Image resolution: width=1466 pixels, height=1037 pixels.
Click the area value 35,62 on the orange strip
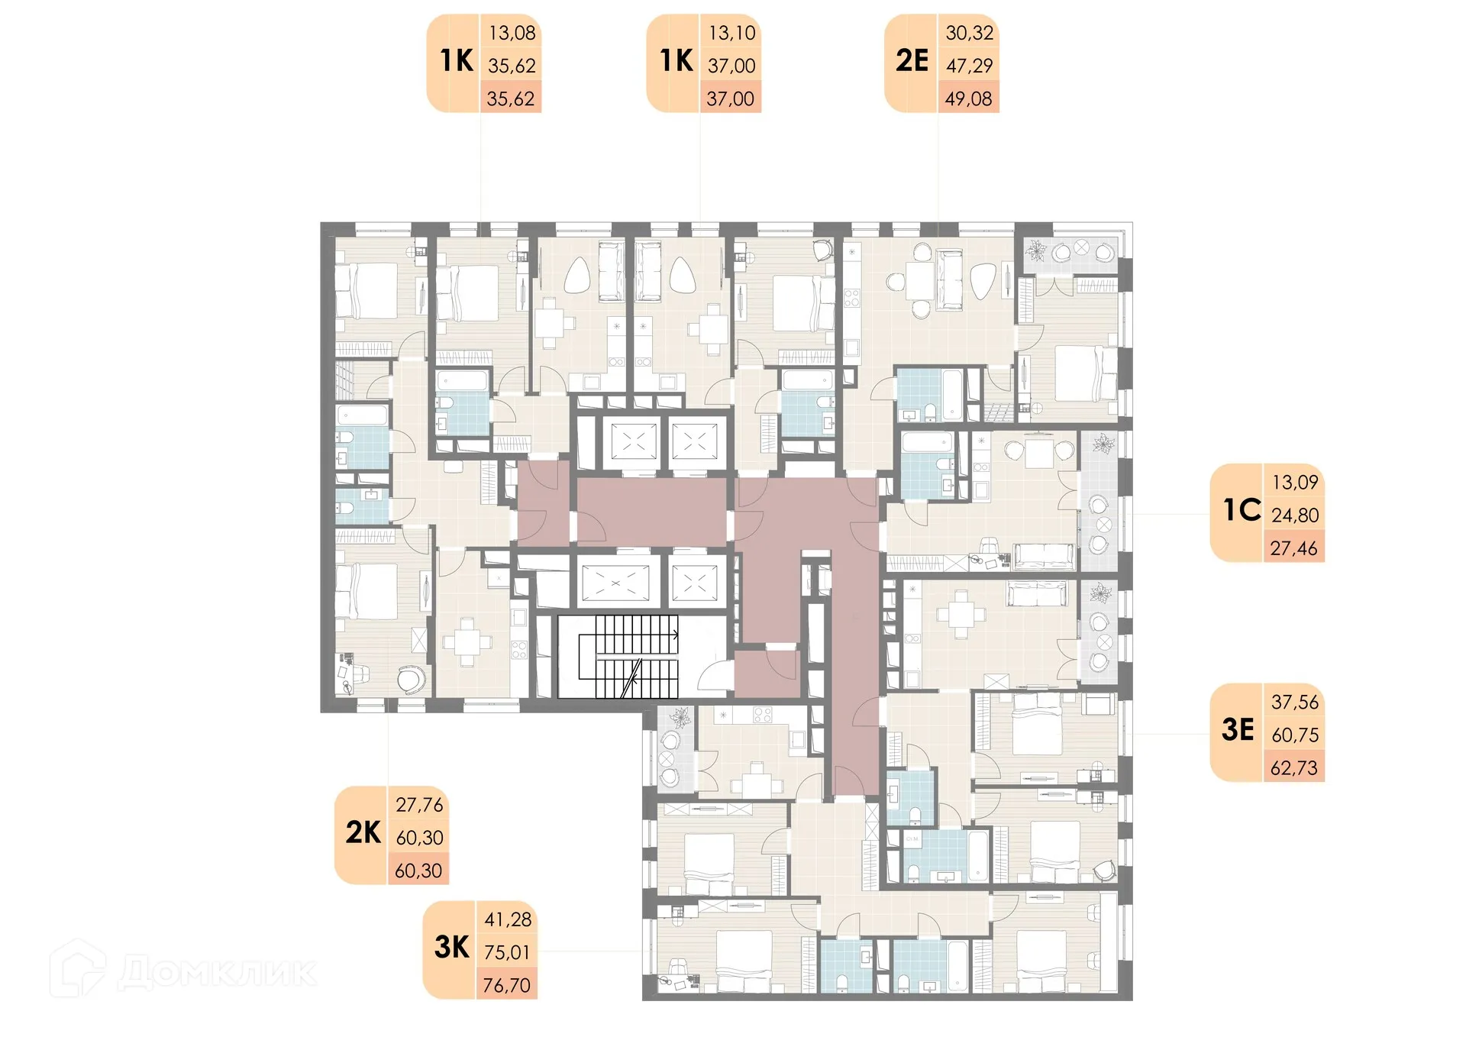click(511, 99)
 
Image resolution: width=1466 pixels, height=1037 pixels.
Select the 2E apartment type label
click(912, 61)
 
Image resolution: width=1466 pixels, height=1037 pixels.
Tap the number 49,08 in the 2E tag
click(969, 99)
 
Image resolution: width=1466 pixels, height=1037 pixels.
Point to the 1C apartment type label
click(1242, 510)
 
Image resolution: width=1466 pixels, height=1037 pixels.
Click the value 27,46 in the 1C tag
click(1294, 548)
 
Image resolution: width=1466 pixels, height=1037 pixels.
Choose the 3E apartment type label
click(1238, 730)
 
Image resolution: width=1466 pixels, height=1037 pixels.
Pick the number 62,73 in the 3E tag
click(1294, 768)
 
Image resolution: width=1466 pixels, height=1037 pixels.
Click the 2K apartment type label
click(363, 832)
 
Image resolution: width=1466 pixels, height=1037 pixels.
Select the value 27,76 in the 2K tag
click(419, 805)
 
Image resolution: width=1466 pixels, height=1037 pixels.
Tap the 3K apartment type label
click(452, 947)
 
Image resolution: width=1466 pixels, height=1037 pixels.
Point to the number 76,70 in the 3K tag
click(507, 986)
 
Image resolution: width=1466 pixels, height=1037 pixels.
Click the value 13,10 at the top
click(731, 34)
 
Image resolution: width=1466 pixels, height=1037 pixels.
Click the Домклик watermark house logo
click(78, 968)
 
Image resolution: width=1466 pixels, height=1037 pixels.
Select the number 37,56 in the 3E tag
click(1295, 703)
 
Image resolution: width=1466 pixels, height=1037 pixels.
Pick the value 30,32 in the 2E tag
click(970, 34)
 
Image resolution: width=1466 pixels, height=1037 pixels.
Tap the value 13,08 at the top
click(512, 34)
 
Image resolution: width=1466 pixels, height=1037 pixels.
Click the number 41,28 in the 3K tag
click(508, 920)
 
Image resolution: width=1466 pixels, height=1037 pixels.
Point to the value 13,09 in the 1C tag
click(1295, 483)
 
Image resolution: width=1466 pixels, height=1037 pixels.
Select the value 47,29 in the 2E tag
click(970, 66)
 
